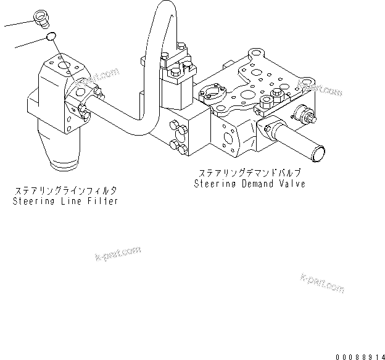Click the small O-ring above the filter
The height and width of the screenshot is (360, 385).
[52, 39]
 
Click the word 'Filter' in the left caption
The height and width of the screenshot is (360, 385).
[102, 202]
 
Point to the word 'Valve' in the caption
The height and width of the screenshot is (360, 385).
[292, 184]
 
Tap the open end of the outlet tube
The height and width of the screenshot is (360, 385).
[318, 152]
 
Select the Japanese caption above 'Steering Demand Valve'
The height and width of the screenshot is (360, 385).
[249, 173]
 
